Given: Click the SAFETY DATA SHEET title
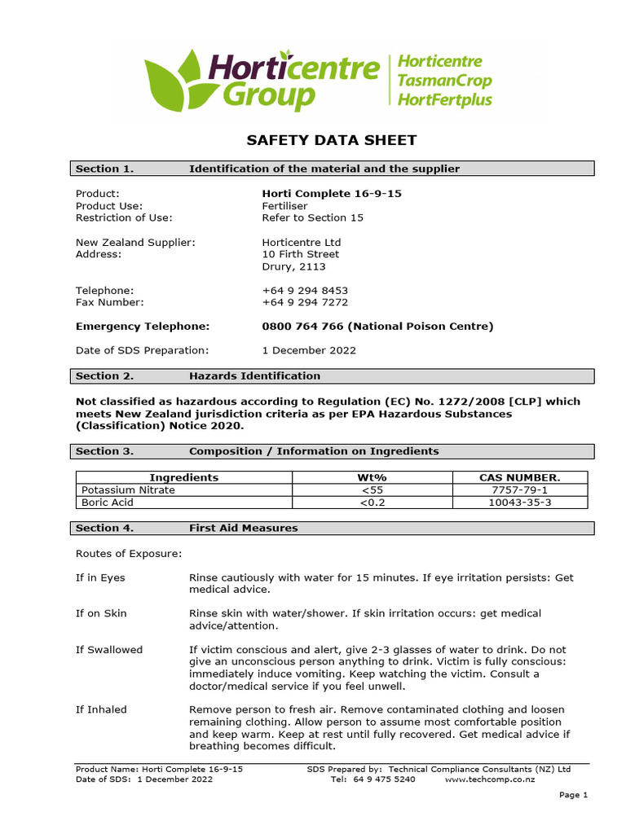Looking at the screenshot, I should pos(332,140).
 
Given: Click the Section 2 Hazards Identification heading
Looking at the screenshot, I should pos(254,376).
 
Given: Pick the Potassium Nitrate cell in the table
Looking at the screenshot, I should pos(128,490).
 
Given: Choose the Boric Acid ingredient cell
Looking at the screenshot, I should pos(108,503).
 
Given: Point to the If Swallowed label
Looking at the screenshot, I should pos(109,650).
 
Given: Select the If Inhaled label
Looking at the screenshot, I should pos(102,709).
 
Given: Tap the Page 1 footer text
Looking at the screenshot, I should pos(572,796).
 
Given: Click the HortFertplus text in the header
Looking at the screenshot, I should pos(444,100).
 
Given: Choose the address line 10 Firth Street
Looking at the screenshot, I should pos(300,254).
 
